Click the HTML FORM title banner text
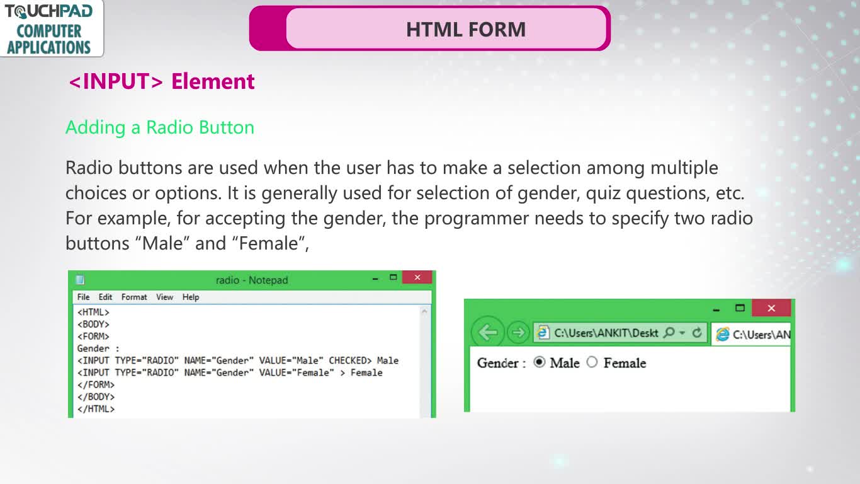pos(466,30)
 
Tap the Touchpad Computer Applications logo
pos(50,29)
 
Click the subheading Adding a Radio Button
pos(160,128)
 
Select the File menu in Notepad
pos(83,297)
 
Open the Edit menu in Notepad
pos(105,297)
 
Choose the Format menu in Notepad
pos(134,297)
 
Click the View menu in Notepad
pos(164,297)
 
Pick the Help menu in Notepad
pos(190,297)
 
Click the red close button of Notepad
pos(417,277)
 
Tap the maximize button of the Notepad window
pos(393,277)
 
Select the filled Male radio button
pos(540,362)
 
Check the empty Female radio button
pos(592,362)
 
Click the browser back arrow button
pos(487,332)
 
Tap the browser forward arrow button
pos(518,332)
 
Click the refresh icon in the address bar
pos(697,333)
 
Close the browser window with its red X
pos(771,308)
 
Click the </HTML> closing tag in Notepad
pos(96,409)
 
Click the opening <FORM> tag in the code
pos(93,337)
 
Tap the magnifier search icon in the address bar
pos(669,333)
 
